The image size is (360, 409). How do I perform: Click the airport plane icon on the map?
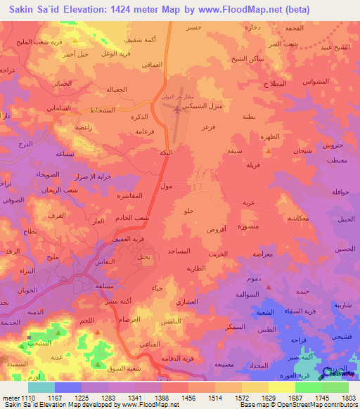click(174, 108)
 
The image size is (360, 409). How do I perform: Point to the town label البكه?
click(166, 152)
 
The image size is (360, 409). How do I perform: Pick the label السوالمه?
click(248, 293)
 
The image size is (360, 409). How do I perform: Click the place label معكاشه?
click(300, 218)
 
